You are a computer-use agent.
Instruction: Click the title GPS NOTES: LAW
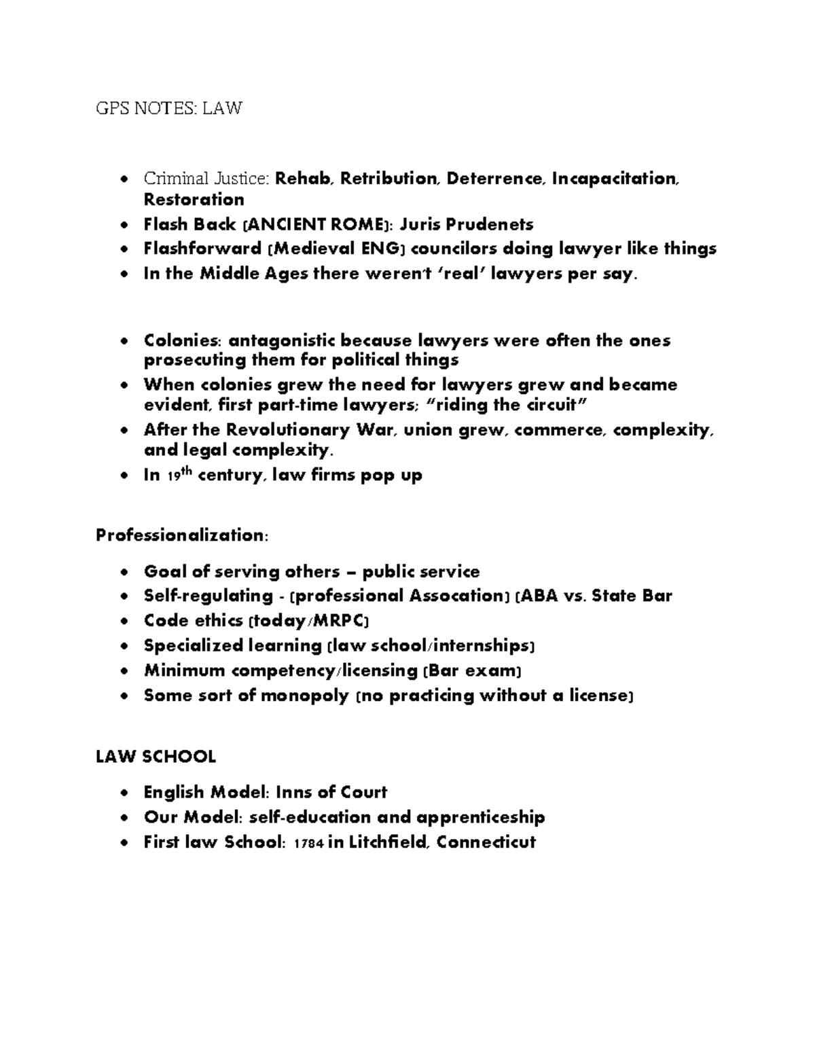[x=168, y=108]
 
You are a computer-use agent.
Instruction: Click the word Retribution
[x=390, y=179]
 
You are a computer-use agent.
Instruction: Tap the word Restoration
[x=194, y=200]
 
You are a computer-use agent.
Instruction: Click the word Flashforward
[x=202, y=249]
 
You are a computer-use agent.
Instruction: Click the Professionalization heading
[x=182, y=535]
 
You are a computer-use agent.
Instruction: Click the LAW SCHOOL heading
[x=156, y=756]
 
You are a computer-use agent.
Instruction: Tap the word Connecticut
[x=486, y=842]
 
